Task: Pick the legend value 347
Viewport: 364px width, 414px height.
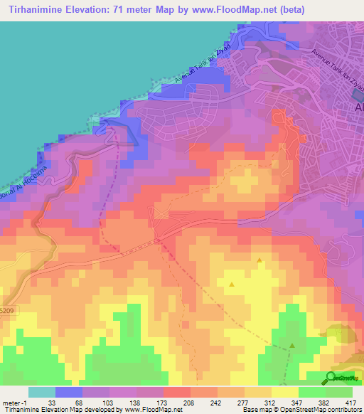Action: pyautogui.click(x=285, y=403)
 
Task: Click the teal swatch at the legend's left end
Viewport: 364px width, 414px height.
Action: pyautogui.click(x=41, y=392)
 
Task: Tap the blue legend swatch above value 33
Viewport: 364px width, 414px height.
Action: pyautogui.click(x=68, y=392)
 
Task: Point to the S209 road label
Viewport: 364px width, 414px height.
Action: pyautogui.click(x=6, y=311)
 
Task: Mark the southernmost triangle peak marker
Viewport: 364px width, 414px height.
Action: pyautogui.click(x=292, y=346)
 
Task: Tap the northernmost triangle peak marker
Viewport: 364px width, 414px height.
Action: pyautogui.click(x=259, y=260)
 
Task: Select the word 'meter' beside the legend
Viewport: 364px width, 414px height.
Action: pyautogui.click(x=10, y=403)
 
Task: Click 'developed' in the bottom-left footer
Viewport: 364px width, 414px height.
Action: pyautogui.click(x=98, y=410)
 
